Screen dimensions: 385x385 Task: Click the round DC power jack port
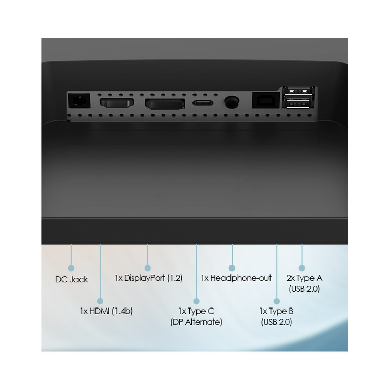click(x=79, y=101)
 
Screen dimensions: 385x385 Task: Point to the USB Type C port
click(x=202, y=103)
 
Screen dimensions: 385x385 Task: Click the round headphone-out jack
click(x=232, y=102)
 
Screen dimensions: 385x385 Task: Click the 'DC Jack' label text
click(x=71, y=279)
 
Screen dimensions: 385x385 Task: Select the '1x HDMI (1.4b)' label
click(x=106, y=311)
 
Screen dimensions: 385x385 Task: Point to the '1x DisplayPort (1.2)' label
click(x=148, y=278)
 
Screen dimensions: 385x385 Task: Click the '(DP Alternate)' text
click(x=197, y=322)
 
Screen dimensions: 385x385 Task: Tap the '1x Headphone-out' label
click(x=236, y=278)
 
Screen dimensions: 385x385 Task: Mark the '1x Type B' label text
click(x=276, y=311)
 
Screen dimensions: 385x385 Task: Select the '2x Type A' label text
click(x=304, y=278)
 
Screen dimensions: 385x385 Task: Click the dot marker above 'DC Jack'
click(x=71, y=267)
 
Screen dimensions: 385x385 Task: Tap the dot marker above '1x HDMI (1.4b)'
click(x=100, y=300)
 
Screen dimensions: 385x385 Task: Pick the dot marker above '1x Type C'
click(x=197, y=300)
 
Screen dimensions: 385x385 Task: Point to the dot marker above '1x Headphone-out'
click(x=232, y=267)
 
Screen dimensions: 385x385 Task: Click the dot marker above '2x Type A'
click(x=302, y=267)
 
